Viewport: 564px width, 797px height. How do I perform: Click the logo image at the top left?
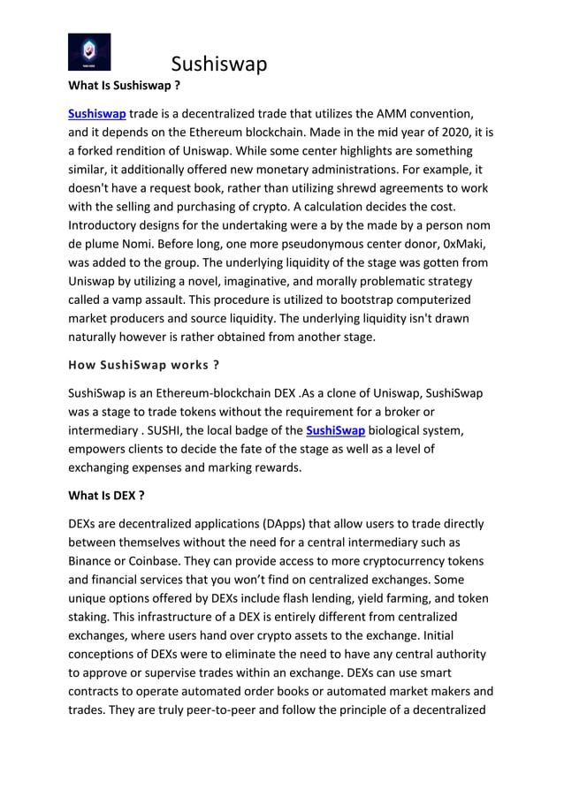click(89, 51)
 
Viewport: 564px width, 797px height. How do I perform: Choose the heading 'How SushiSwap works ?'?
click(143, 365)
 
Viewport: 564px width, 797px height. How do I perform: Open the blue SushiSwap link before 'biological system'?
click(335, 430)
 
